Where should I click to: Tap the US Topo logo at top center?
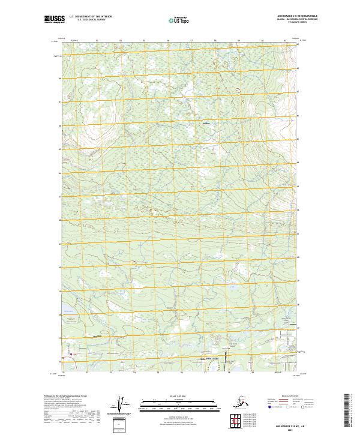point(180,20)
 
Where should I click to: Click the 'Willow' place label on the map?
point(208,124)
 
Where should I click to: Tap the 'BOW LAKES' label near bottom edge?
point(214,358)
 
